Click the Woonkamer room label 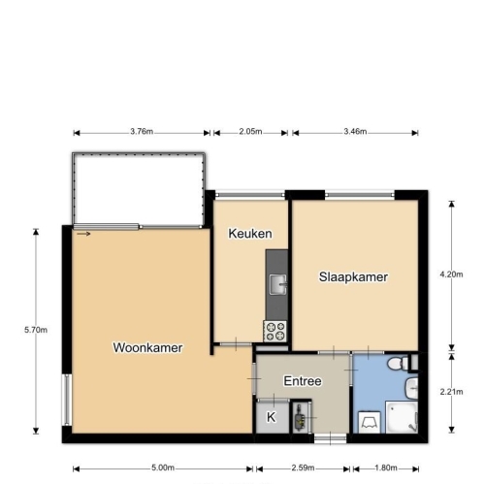[x=147, y=347]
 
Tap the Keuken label [x=250, y=234]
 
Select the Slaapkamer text [x=353, y=277]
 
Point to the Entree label [x=303, y=381]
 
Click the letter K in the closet [x=271, y=417]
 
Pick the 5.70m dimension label [x=36, y=330]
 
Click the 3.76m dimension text [x=142, y=131]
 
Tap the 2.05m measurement [x=250, y=131]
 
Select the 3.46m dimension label [x=355, y=131]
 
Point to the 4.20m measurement [x=451, y=274]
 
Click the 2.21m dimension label [x=451, y=392]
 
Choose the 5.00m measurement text [x=163, y=468]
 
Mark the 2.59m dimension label [x=303, y=468]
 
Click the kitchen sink [x=278, y=284]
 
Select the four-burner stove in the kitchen [x=275, y=331]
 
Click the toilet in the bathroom [x=398, y=364]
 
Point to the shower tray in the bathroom [x=402, y=417]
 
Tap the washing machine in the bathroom [x=370, y=422]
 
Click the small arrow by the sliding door [x=83, y=234]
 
